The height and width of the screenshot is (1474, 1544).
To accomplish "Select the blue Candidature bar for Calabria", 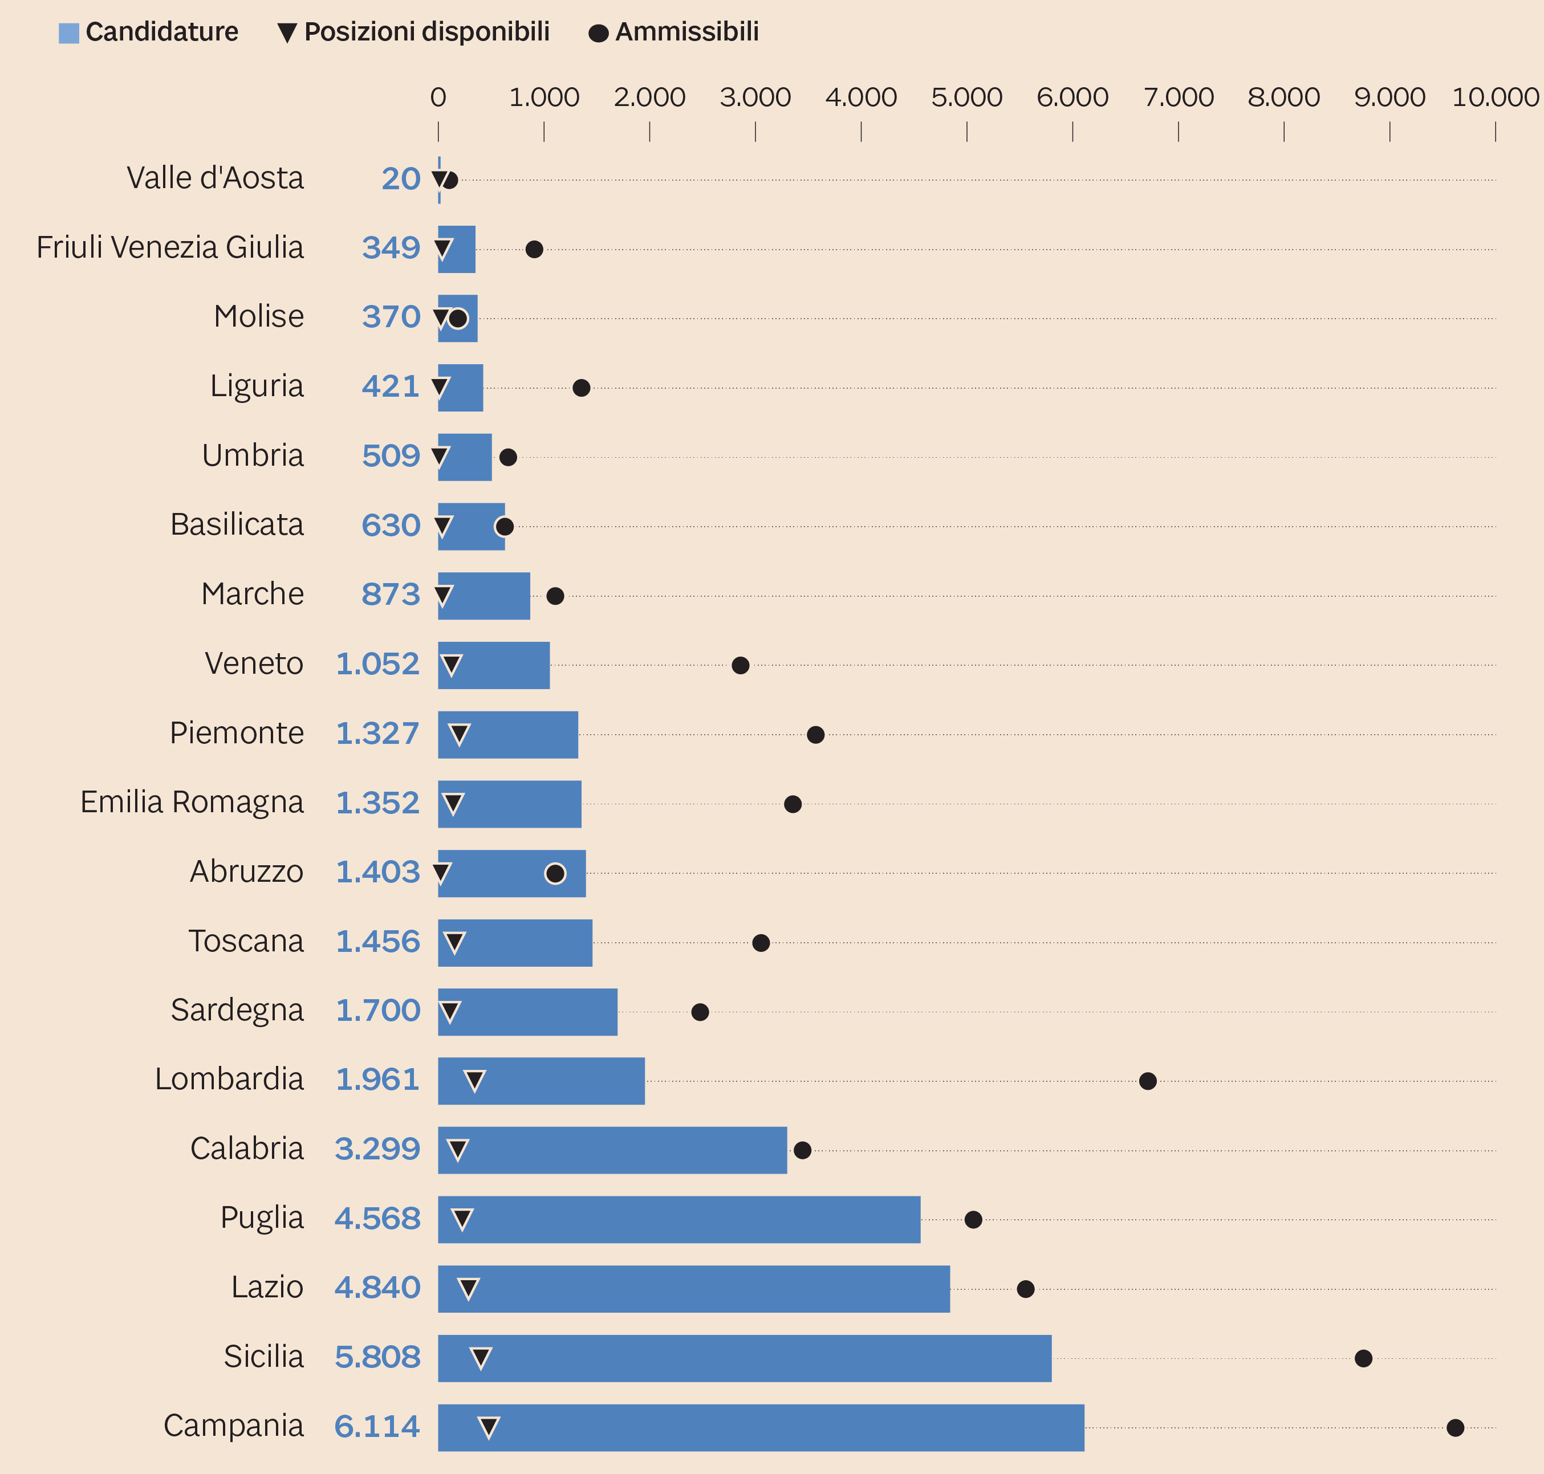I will pyautogui.click(x=612, y=1150).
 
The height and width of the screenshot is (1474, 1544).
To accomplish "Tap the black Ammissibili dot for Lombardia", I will pyautogui.click(x=1147, y=1081).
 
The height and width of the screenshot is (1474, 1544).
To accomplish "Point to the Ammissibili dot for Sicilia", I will pyautogui.click(x=1363, y=1358).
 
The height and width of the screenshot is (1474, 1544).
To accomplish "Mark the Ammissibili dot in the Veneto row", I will pyautogui.click(x=740, y=666).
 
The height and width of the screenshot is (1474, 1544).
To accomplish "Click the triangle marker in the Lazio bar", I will pyautogui.click(x=468, y=1289).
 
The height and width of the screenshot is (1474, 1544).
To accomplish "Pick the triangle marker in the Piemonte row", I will pyautogui.click(x=459, y=735).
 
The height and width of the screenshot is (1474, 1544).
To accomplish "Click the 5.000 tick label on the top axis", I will pyautogui.click(x=966, y=97).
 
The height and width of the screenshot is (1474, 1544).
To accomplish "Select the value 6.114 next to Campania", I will pyautogui.click(x=377, y=1426).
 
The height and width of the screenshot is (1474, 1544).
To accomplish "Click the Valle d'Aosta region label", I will pyautogui.click(x=216, y=178).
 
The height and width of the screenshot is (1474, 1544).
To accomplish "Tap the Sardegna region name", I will pyautogui.click(x=237, y=1011).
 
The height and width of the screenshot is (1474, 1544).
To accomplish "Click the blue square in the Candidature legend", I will pyautogui.click(x=69, y=33).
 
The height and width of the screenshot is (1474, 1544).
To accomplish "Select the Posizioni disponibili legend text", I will pyautogui.click(x=426, y=32).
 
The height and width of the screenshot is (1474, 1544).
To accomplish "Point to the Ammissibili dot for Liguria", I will pyautogui.click(x=582, y=388).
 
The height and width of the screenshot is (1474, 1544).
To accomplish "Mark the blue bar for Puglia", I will pyautogui.click(x=679, y=1219).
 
